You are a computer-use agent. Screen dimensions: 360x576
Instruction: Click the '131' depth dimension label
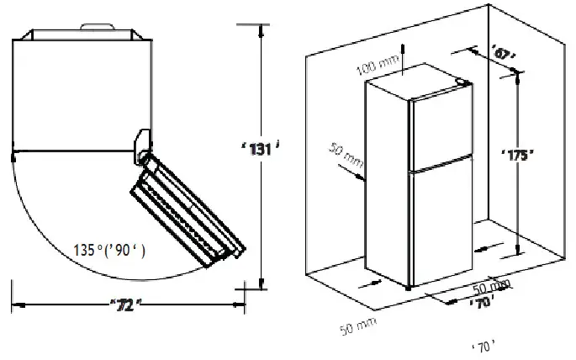pyautogui.click(x=258, y=149)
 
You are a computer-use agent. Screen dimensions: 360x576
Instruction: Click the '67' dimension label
pyautogui.click(x=503, y=55)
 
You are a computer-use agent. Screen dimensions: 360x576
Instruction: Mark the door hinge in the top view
pyautogui.click(x=143, y=146)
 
